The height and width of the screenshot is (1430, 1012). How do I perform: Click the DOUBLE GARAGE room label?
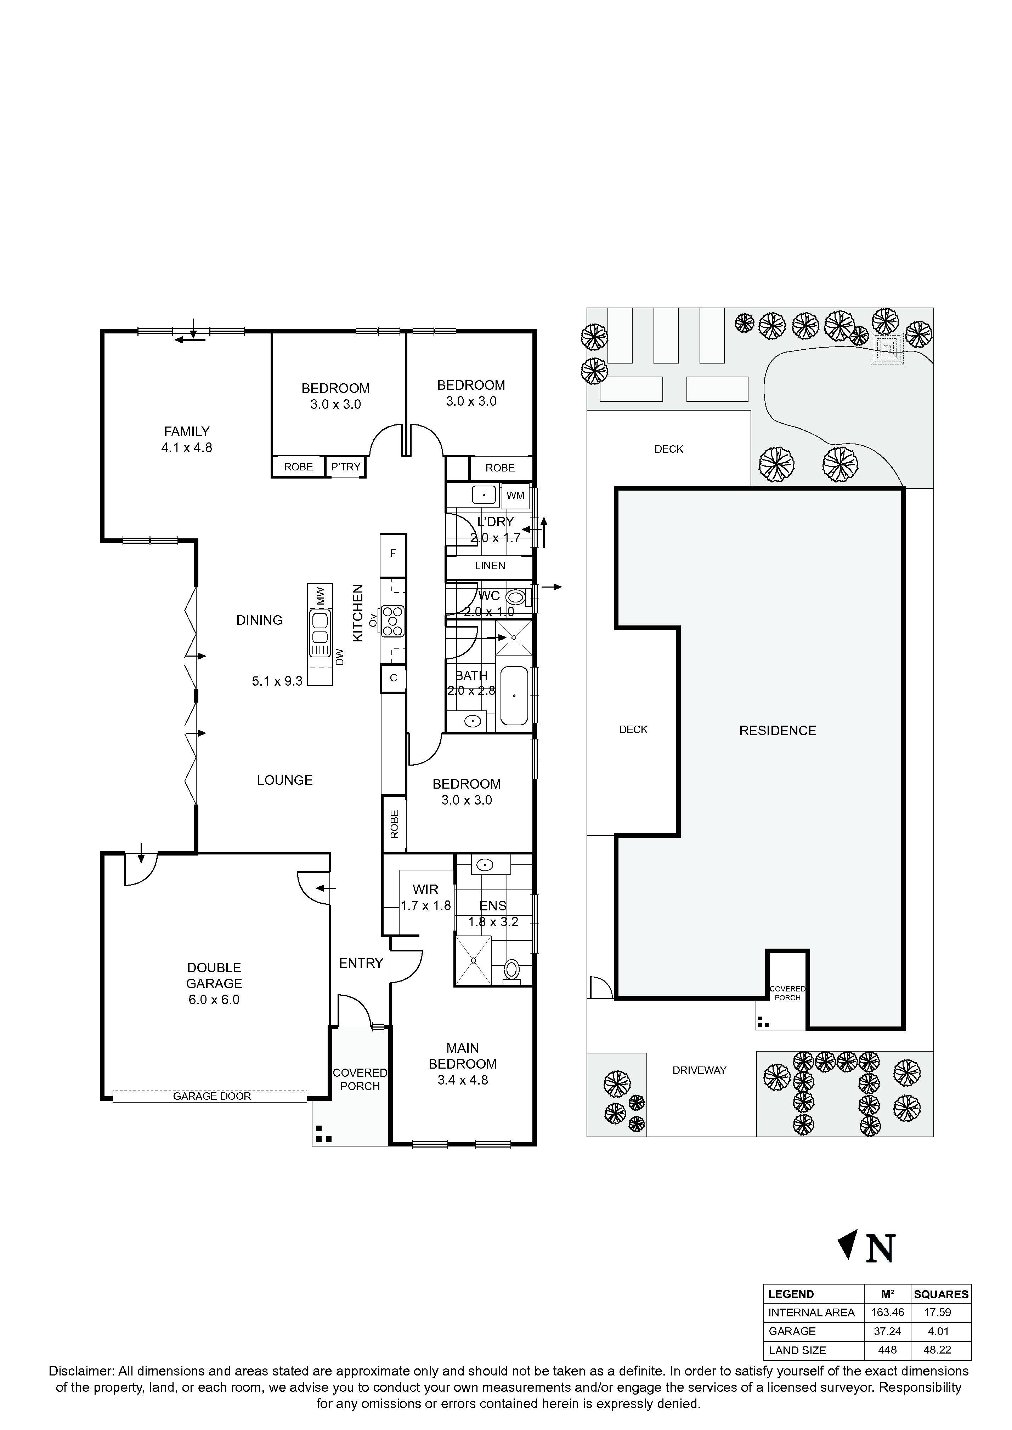214,976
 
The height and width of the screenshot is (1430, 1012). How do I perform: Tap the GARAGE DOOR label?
212,1096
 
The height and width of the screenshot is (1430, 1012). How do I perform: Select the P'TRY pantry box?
346,467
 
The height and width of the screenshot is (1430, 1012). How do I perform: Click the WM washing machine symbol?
515,496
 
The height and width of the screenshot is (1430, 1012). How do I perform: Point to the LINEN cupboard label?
490,566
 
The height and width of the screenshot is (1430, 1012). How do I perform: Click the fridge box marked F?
392,553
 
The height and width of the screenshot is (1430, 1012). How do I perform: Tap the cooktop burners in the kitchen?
393,621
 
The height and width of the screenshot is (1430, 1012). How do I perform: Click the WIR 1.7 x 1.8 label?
426,898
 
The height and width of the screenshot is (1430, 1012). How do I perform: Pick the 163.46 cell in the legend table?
887,1312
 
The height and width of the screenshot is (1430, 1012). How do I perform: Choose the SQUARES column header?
941,1294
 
